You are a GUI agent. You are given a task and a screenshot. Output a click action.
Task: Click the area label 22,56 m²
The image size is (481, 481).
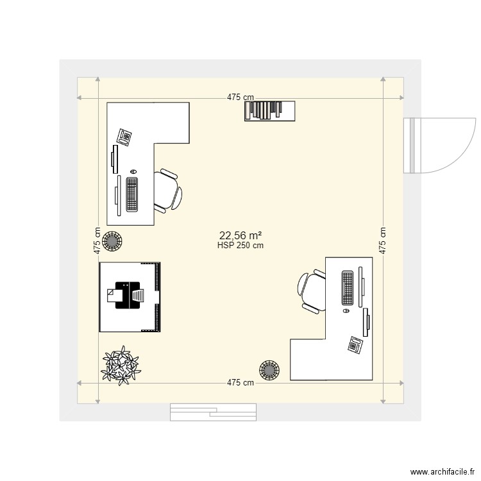[240, 235]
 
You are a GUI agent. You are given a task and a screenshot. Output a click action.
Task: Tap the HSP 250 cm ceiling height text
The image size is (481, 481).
[240, 245]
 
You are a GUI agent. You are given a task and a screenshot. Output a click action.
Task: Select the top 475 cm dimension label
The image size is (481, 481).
[240, 97]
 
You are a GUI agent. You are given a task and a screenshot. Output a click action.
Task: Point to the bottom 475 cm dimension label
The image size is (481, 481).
[240, 383]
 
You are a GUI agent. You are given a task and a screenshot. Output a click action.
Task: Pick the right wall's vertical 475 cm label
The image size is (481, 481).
[383, 240]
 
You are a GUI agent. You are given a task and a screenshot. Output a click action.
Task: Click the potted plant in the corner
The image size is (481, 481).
[120, 366]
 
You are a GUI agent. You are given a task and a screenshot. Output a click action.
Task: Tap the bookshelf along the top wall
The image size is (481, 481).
[269, 110]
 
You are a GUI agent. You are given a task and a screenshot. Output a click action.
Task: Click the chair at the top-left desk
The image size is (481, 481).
[168, 190]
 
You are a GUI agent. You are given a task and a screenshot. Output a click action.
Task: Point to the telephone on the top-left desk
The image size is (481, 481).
[124, 137]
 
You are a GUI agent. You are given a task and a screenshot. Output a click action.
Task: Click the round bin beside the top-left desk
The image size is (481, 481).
[113, 242]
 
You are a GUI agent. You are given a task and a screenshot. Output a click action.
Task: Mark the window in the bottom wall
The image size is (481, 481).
[213, 412]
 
